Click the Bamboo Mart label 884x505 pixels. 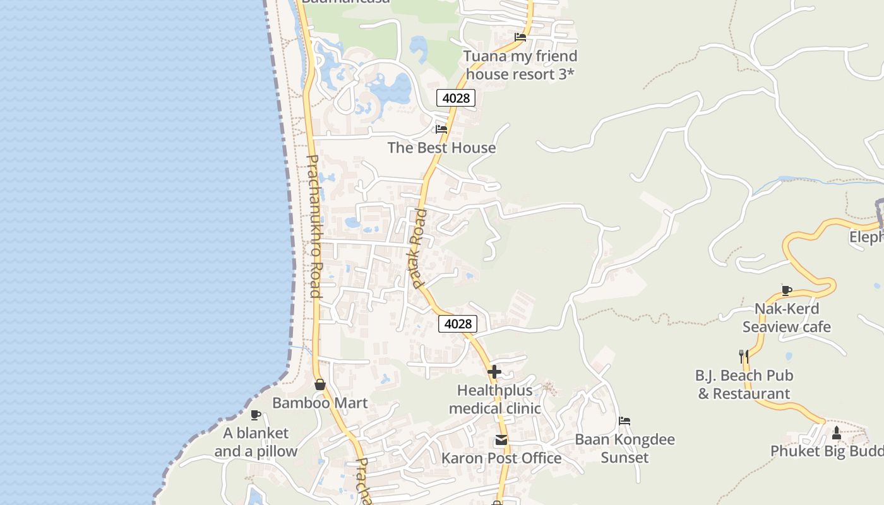coord(320,403)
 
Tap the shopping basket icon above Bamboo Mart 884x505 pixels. coord(320,384)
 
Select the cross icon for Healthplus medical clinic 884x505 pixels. coord(494,372)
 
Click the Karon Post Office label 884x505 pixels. coord(501,458)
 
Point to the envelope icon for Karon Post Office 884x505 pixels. coord(501,440)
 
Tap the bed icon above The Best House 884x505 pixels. coord(441,129)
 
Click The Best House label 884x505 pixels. coord(441,148)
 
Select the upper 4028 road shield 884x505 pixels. coord(456,98)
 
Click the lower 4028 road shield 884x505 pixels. coord(458,324)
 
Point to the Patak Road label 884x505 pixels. coord(419,249)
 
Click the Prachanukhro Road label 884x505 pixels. coord(314,226)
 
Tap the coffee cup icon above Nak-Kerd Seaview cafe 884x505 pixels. coord(787,290)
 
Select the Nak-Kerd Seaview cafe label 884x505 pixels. coord(787,318)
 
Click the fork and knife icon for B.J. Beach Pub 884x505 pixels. coord(744,357)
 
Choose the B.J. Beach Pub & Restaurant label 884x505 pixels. coord(744,384)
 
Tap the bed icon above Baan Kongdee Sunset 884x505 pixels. coord(624,421)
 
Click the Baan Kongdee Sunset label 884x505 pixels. coord(624,448)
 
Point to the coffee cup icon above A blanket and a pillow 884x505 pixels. coord(256,415)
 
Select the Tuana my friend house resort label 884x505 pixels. coord(520,65)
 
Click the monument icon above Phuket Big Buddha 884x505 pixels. coord(837,433)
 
